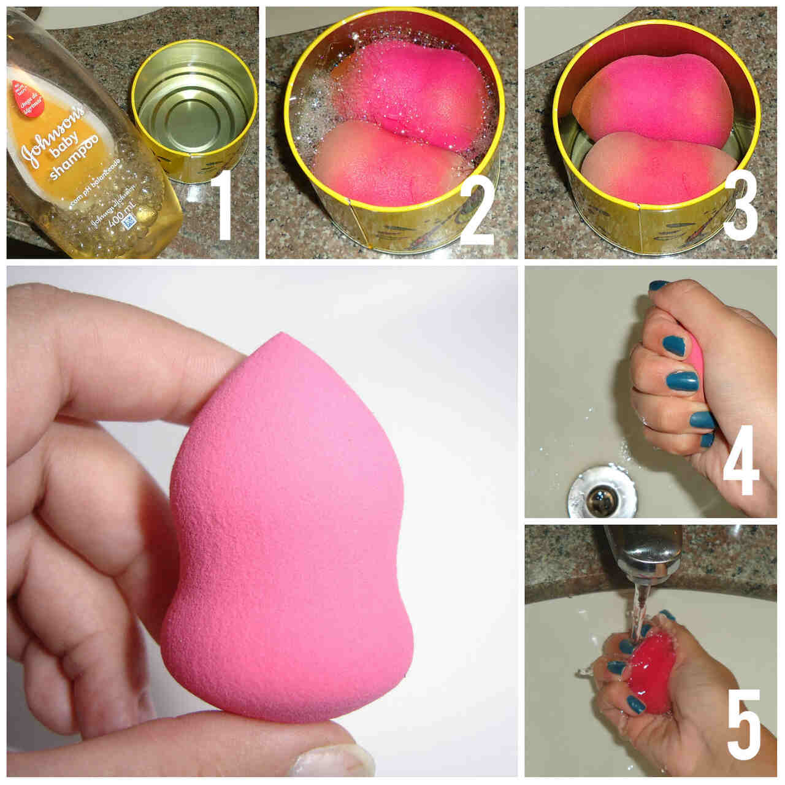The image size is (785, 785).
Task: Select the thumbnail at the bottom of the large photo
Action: (x=331, y=761)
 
